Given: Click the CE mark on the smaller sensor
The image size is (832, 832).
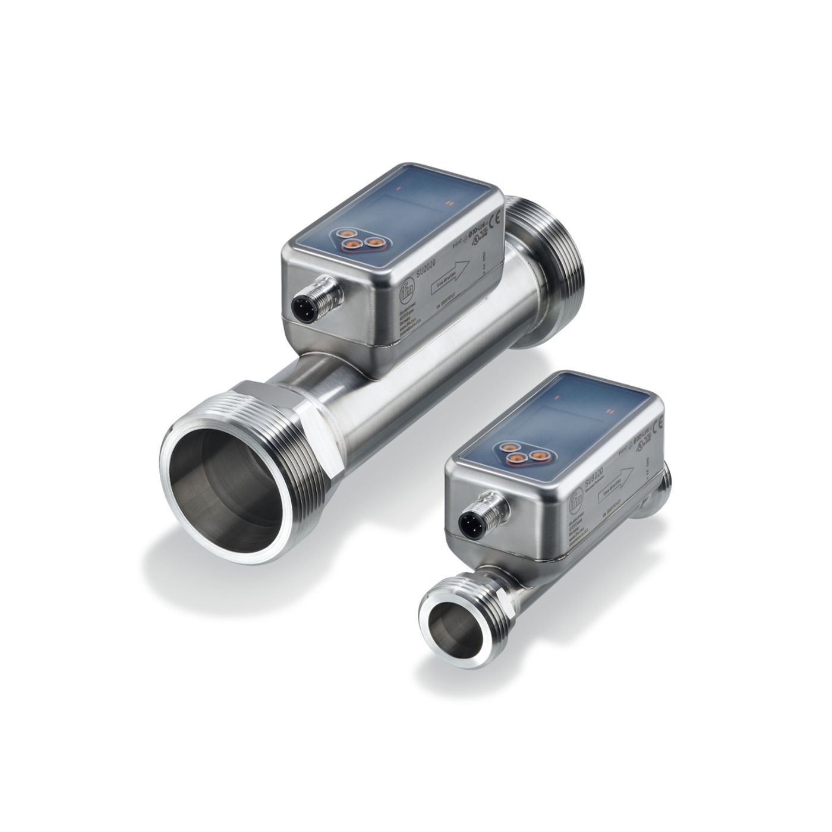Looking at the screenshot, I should (x=658, y=424).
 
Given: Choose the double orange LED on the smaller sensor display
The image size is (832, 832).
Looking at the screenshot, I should (x=609, y=409).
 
